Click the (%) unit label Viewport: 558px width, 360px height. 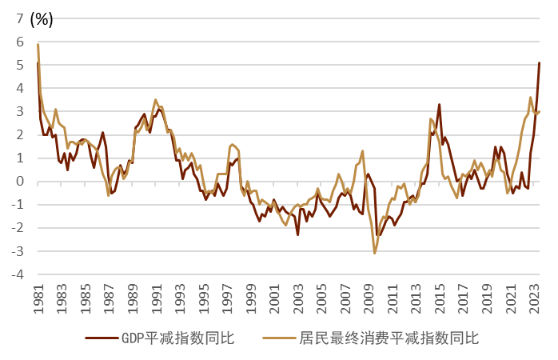(42, 20)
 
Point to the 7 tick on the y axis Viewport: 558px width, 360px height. (19, 20)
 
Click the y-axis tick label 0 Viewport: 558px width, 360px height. (19, 182)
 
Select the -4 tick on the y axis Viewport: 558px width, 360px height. (17, 274)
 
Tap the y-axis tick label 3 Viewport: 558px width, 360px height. (19, 112)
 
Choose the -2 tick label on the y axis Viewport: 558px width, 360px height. (17, 228)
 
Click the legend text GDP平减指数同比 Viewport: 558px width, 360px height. (178, 338)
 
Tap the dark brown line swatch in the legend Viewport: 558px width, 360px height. (103, 338)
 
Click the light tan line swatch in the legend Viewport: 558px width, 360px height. (281, 338)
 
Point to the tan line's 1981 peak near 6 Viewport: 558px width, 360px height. (38, 44)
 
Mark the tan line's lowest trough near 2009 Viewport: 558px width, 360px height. (374, 254)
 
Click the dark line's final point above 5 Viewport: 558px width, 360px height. (540, 62)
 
